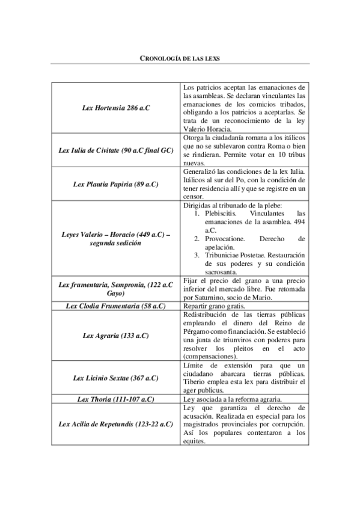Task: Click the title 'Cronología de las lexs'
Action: [180, 58]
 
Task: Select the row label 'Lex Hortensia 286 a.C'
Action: [116, 108]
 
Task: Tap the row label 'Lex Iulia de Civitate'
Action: [116, 150]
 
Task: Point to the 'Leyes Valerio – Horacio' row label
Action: [116, 238]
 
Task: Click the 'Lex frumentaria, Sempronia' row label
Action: [116, 288]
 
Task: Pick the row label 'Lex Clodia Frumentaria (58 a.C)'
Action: [116, 306]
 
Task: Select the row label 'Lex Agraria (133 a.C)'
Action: [116, 335]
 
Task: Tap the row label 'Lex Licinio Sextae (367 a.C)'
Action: [116, 378]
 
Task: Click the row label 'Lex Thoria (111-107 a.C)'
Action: [116, 399]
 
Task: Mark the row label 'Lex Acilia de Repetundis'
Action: [116, 424]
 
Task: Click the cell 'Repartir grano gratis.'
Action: [213, 306]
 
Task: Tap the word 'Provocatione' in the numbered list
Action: [226, 238]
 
